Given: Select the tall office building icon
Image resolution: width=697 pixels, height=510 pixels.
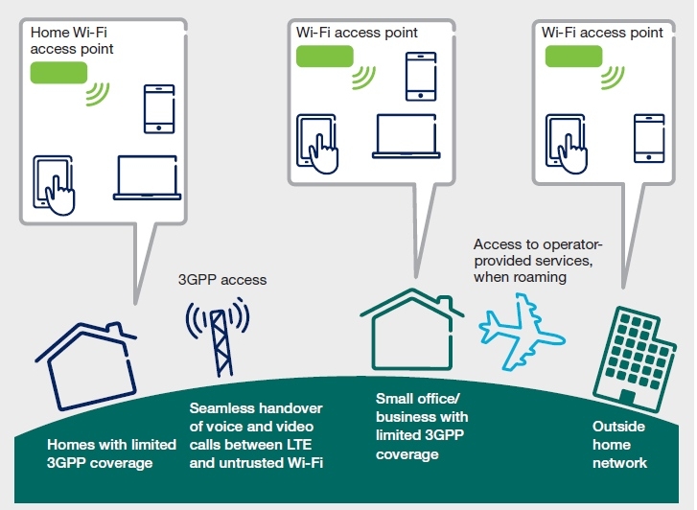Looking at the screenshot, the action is [635, 359].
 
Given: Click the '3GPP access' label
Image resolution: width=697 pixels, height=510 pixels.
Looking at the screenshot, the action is [222, 280].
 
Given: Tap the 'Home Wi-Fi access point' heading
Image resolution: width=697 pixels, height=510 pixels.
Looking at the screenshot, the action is [72, 40].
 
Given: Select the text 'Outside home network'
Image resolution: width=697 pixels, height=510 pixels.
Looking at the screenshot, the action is [619, 445].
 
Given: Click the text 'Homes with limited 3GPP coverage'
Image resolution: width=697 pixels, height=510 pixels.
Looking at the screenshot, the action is [111, 453].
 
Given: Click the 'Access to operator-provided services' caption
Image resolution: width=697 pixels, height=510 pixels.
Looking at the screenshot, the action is [538, 261].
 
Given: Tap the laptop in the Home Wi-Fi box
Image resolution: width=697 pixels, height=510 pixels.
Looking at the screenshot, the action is [147, 178].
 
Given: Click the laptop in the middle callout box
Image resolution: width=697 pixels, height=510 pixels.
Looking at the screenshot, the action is [407, 136].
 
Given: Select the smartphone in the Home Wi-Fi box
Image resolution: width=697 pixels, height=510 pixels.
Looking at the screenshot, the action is [159, 109].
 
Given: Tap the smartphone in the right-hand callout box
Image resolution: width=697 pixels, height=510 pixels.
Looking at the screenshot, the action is [649, 138].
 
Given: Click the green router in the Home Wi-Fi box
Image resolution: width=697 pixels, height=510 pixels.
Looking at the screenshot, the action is [58, 73].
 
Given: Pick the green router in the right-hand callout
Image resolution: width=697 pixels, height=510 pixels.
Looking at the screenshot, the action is [573, 57].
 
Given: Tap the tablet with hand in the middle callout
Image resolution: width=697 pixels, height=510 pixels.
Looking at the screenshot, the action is [317, 144].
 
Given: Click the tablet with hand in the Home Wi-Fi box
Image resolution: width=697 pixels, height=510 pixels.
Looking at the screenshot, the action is [54, 185].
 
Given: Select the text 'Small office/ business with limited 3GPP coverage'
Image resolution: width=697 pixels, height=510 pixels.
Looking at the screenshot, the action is [422, 427].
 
